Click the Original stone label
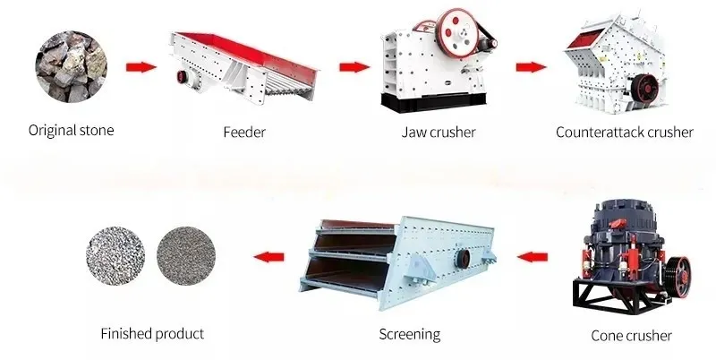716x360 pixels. coord(72,131)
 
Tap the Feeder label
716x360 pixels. coord(244,133)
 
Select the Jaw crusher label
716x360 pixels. coord(439,133)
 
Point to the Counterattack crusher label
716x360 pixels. coord(624,133)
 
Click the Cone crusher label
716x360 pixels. coord(632,336)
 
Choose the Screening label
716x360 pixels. coord(410,334)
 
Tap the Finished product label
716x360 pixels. coord(152,333)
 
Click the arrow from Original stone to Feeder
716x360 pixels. coord(139,66)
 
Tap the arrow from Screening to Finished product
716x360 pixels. coord(266,258)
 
